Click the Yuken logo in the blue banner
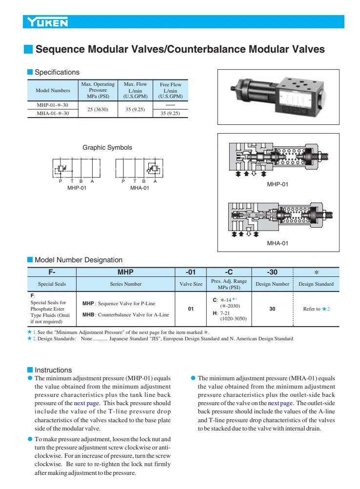click(x=48, y=22)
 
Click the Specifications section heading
click(x=57, y=72)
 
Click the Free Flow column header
click(x=170, y=90)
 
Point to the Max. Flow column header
click(x=135, y=90)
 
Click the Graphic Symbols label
click(x=107, y=147)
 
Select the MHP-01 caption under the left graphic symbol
click(x=77, y=188)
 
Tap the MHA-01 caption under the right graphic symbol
click(x=140, y=188)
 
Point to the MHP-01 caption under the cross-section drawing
click(x=278, y=184)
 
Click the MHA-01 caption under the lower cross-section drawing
click(x=278, y=243)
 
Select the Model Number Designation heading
click(x=78, y=260)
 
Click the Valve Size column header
click(x=191, y=284)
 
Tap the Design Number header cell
click(x=272, y=284)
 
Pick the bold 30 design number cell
click(x=272, y=309)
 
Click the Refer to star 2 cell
click(x=316, y=309)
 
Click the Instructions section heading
click(x=53, y=370)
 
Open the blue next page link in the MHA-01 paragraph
click(x=280, y=403)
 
